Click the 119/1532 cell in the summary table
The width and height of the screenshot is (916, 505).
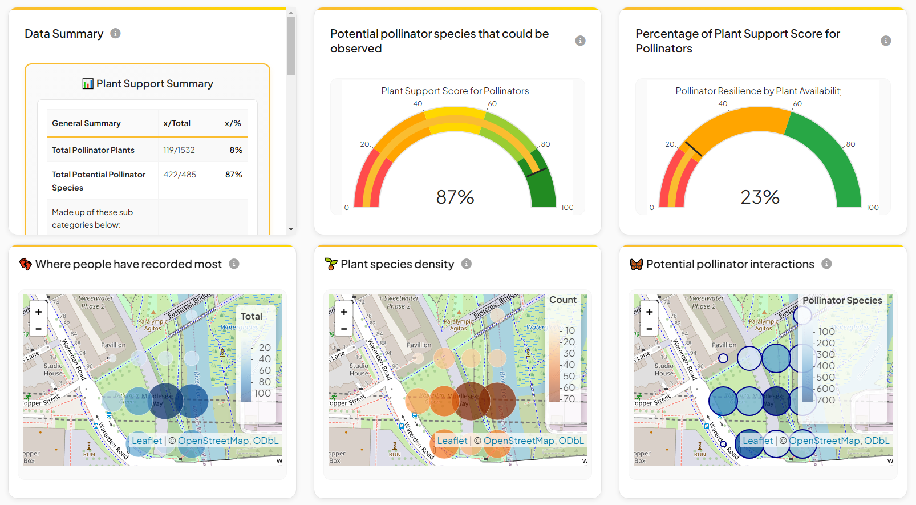tap(179, 150)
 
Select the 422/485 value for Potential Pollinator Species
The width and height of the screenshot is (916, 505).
tap(180, 175)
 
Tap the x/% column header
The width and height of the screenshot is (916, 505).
tap(233, 123)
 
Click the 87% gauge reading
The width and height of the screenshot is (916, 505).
tap(455, 197)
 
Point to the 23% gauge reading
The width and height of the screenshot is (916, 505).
tap(760, 197)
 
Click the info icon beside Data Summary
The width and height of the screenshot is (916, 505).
tap(115, 33)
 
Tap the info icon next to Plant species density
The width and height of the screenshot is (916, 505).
tap(467, 264)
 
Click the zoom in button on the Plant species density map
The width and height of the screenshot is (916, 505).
tap(344, 312)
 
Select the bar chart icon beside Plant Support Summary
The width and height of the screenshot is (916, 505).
tap(88, 84)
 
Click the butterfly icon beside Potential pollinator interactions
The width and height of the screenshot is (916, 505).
tap(637, 264)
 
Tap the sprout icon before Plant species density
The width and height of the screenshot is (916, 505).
tap(331, 264)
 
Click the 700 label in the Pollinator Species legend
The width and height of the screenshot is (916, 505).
tap(825, 400)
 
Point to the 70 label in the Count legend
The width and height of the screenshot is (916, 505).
tap(569, 399)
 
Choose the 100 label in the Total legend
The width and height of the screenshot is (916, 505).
tap(262, 393)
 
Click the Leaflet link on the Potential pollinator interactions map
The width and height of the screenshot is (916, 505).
tap(757, 441)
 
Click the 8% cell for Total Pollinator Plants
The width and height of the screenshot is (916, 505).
tap(236, 150)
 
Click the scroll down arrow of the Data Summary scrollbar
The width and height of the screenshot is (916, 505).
tap(291, 229)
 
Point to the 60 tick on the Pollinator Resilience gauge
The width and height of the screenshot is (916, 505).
tap(797, 104)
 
